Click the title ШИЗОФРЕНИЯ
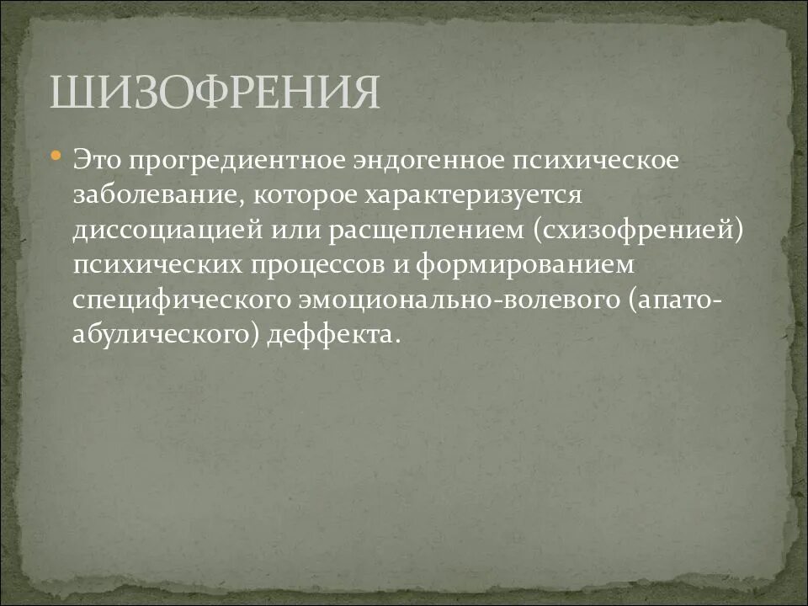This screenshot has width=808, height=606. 214,92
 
